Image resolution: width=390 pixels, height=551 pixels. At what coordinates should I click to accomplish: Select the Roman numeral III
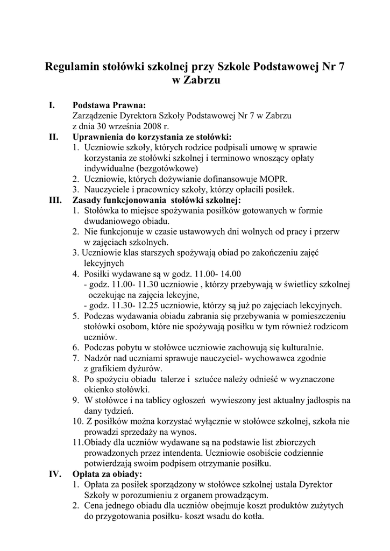55,200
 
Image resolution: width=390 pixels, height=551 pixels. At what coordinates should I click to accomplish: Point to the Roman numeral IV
55,474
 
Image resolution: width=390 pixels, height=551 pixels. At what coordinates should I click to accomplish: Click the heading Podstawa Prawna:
109,106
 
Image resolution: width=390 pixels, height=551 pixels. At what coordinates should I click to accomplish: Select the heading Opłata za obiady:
108,474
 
